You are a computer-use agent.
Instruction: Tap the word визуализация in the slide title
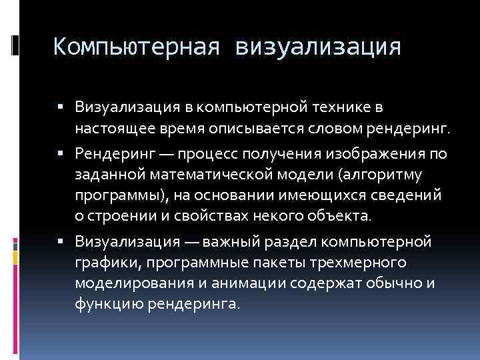318,47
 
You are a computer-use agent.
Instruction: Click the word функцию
104,303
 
